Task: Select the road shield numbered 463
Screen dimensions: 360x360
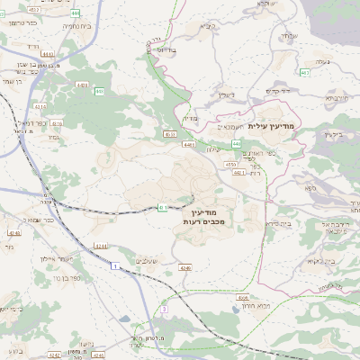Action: (305, 73)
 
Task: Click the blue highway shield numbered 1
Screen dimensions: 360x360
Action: (115, 266)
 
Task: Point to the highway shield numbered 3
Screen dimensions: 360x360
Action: (164, 309)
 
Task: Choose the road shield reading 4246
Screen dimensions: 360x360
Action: (185, 267)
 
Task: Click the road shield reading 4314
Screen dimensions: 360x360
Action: (100, 245)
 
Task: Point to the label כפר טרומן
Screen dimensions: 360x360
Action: (22, 21)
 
